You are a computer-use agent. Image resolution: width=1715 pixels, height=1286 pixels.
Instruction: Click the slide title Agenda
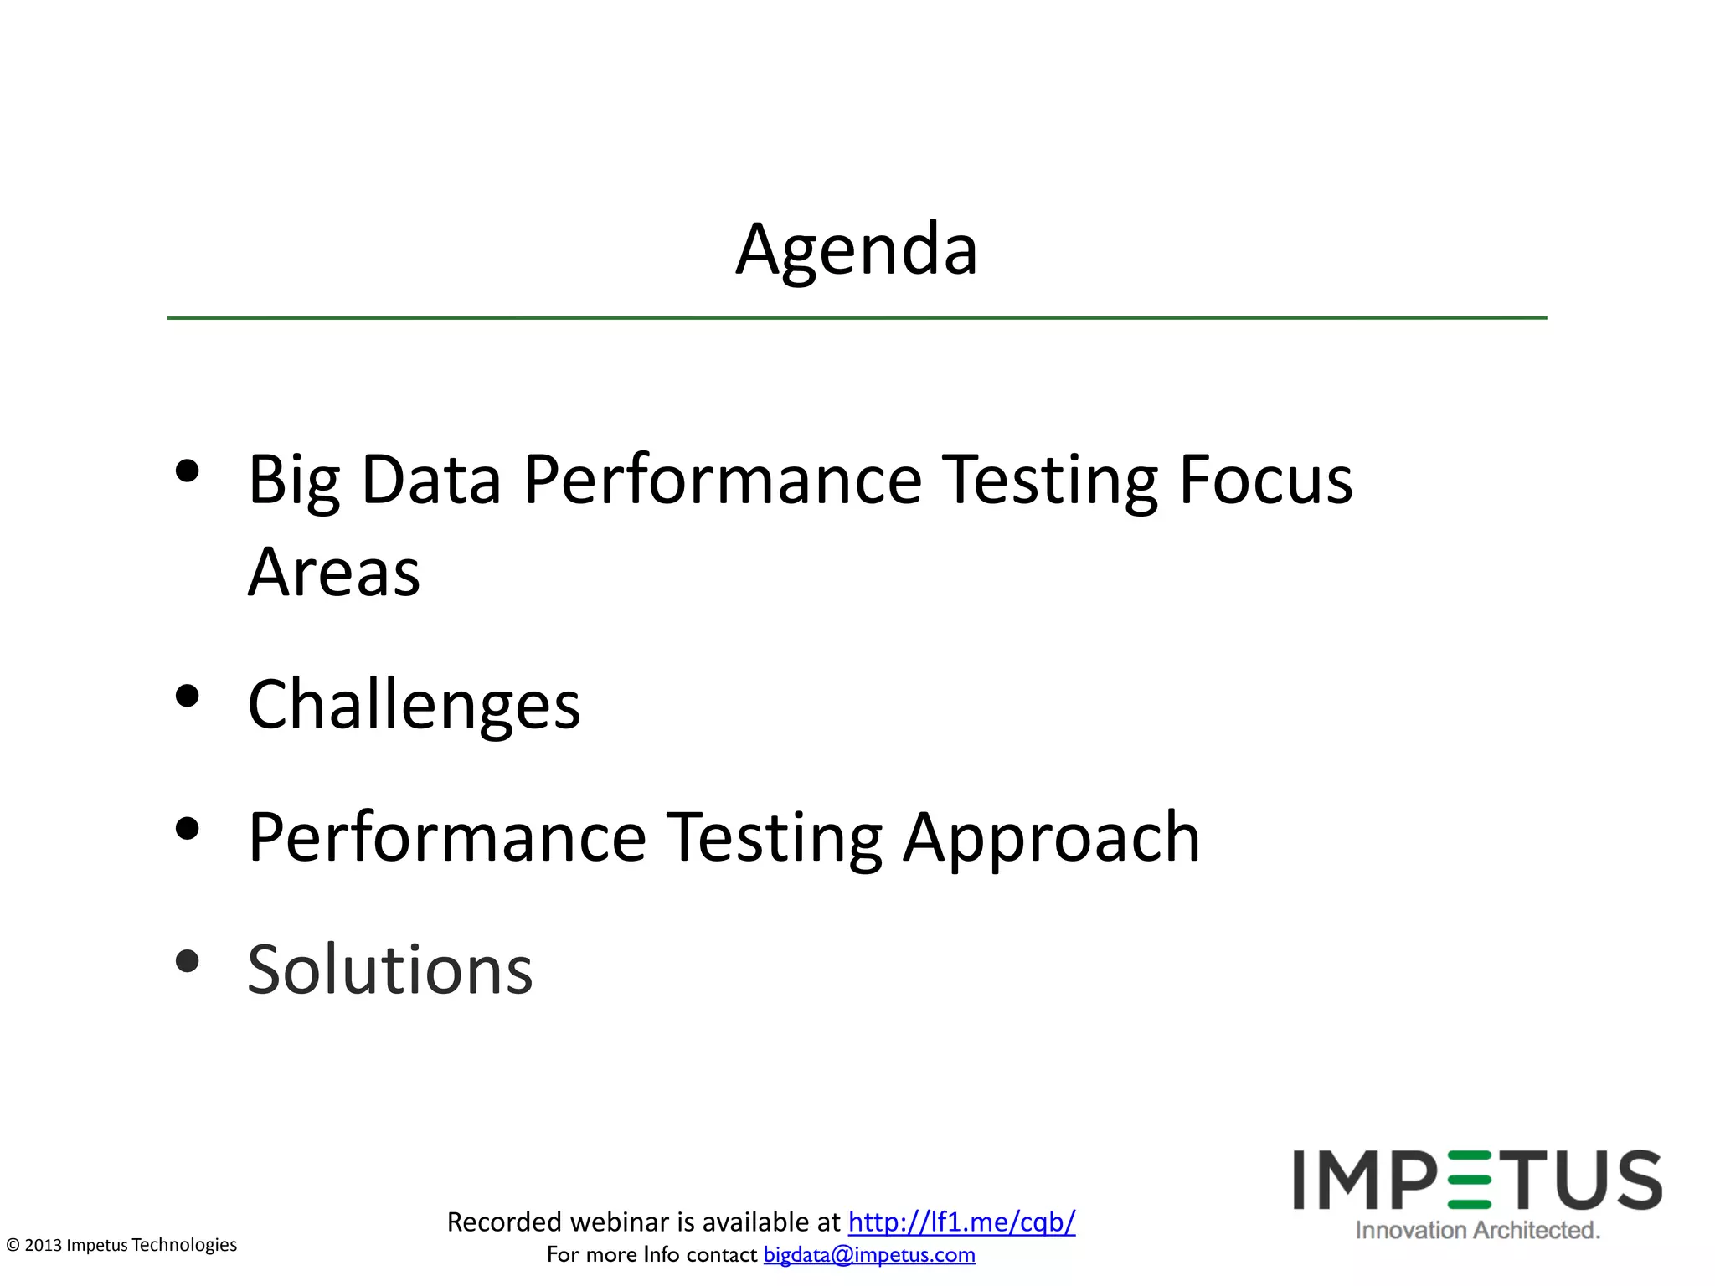point(857,249)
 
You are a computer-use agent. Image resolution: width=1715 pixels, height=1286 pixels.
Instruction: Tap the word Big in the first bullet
point(293,481)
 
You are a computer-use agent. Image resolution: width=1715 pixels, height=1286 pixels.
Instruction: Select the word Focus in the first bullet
point(1265,481)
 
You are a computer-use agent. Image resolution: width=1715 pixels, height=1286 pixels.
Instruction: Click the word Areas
point(333,573)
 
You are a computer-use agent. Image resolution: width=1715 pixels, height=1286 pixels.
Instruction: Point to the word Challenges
point(414,705)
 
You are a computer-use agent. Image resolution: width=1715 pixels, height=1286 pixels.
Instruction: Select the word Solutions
point(390,970)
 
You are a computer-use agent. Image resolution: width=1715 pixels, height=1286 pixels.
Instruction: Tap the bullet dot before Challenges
point(188,697)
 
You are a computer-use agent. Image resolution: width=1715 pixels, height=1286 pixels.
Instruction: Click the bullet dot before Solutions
point(188,961)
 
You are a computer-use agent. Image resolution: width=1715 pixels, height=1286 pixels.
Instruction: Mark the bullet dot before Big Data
point(188,472)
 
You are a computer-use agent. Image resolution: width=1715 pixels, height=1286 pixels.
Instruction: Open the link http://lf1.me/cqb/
point(961,1222)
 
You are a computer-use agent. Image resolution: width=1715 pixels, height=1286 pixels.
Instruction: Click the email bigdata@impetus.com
point(869,1254)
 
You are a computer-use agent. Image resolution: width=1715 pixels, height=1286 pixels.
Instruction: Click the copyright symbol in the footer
point(13,1246)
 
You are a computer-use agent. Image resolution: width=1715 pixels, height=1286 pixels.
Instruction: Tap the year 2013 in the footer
point(44,1245)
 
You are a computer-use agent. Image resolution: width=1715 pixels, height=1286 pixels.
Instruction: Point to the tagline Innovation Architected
point(1477,1230)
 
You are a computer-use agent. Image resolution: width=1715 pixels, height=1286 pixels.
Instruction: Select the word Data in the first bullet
point(431,481)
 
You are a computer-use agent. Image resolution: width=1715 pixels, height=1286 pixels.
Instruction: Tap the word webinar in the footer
point(621,1222)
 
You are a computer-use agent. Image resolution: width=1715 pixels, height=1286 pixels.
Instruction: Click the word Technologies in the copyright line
point(184,1245)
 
